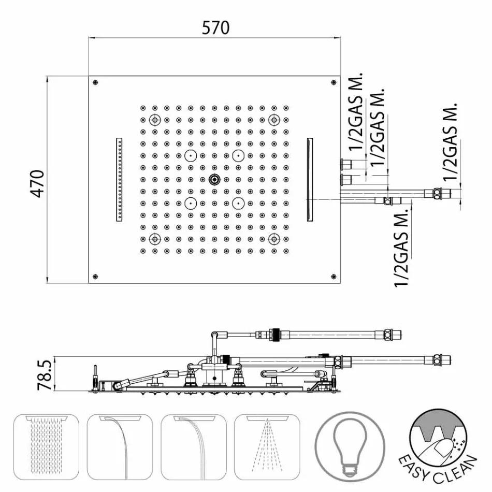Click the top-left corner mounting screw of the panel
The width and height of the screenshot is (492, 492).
[x=95, y=82]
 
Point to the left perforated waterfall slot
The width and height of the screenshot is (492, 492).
[x=119, y=180]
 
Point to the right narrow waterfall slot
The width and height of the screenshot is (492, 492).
[x=310, y=180]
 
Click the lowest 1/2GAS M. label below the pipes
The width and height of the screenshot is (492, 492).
[x=401, y=249]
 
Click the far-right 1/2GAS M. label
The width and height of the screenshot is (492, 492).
[x=451, y=141]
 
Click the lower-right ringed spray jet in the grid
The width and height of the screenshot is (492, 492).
[x=274, y=239]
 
